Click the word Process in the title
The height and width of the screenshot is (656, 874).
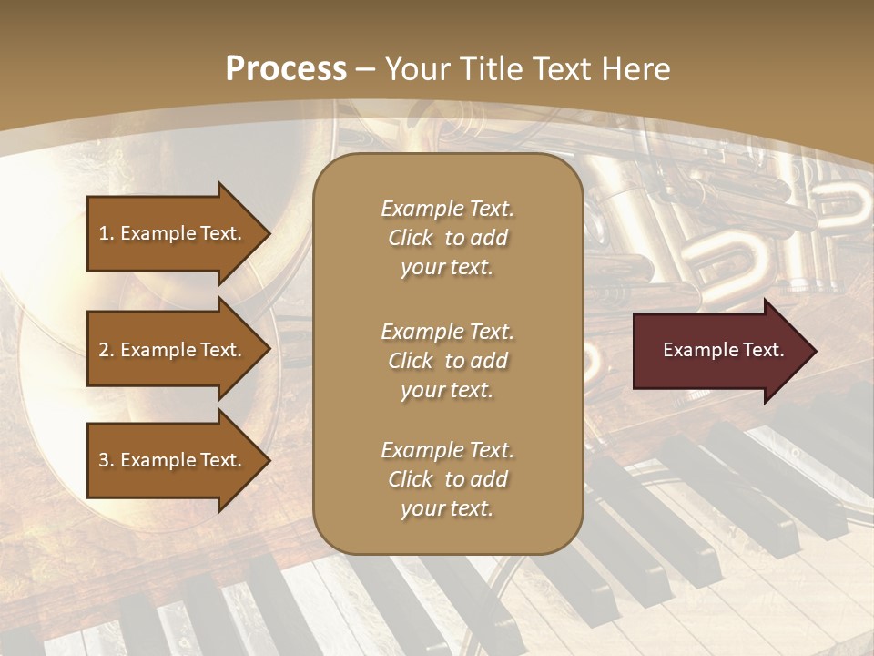tap(286, 69)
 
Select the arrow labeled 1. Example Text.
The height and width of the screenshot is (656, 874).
tap(173, 233)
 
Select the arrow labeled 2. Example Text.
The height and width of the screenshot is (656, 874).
tap(173, 350)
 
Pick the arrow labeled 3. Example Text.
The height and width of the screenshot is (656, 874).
tap(173, 460)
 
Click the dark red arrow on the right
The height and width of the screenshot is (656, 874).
tap(719, 351)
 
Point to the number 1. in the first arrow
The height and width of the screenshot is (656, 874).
tap(107, 234)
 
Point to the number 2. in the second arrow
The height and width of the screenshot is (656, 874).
tap(107, 351)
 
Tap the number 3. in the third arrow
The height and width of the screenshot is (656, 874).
tap(107, 461)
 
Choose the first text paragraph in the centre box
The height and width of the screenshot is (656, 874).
tap(447, 238)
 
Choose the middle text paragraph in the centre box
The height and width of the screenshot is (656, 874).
tap(447, 361)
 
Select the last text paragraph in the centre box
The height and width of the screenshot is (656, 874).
tap(447, 479)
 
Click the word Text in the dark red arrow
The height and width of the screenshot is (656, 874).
tap(763, 350)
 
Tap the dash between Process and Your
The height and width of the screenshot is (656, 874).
tap(366, 70)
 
